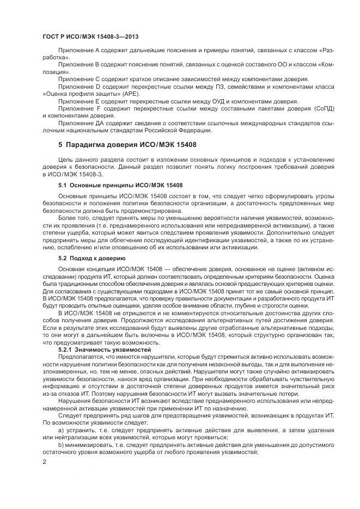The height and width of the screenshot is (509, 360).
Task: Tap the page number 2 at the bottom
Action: pos(45,462)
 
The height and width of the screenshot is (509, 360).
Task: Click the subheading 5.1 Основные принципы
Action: pos(120,186)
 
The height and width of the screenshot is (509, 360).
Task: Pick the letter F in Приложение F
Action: pos(97,108)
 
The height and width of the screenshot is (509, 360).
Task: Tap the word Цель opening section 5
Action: pos(65,158)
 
